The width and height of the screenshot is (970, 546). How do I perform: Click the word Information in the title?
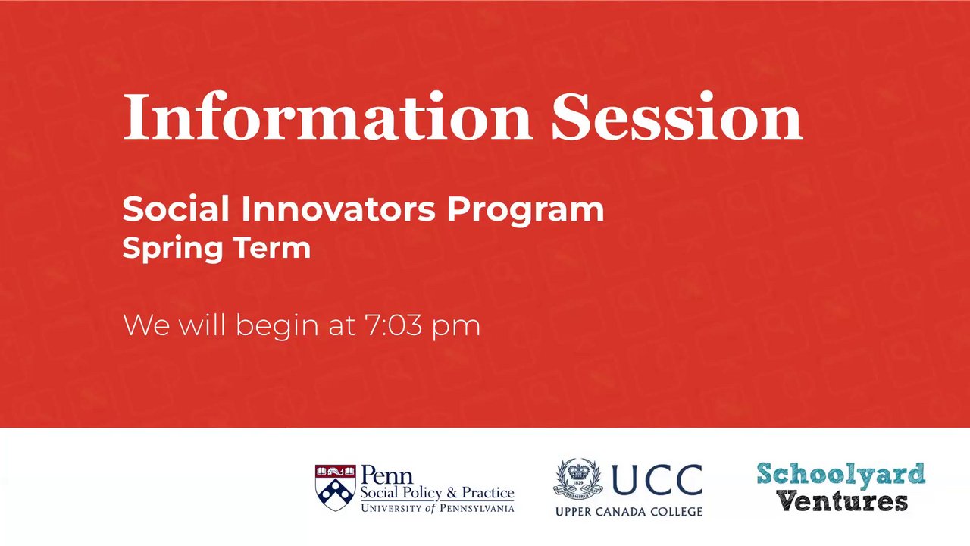pyautogui.click(x=327, y=116)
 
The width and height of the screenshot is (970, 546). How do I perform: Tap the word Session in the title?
pyautogui.click(x=677, y=116)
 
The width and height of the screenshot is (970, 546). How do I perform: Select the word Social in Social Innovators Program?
pyautogui.click(x=176, y=209)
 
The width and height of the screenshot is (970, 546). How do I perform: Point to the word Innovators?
pyautogui.click(x=338, y=209)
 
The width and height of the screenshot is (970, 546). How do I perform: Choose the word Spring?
pyautogui.click(x=172, y=249)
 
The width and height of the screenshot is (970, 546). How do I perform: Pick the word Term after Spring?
pyautogui.click(x=272, y=248)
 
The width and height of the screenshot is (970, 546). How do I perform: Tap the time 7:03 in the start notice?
pyautogui.click(x=393, y=325)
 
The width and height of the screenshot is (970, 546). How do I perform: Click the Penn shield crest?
pyautogui.click(x=336, y=488)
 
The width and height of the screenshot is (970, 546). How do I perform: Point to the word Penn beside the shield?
pyautogui.click(x=386, y=475)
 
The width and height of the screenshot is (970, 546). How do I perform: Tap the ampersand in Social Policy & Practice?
pyautogui.click(x=452, y=493)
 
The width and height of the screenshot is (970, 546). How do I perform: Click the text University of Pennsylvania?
pyautogui.click(x=437, y=508)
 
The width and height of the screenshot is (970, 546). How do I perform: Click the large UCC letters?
pyautogui.click(x=657, y=479)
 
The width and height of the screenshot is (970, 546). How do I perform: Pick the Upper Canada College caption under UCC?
pyautogui.click(x=629, y=512)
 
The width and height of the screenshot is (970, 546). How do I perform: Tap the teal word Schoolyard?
pyautogui.click(x=841, y=475)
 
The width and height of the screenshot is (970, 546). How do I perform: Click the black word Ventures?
pyautogui.click(x=841, y=502)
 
